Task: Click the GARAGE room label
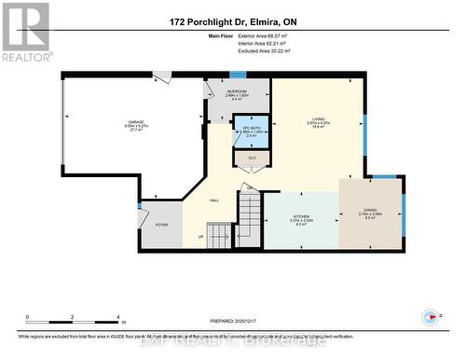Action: (x=135, y=122)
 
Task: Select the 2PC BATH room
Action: (x=249, y=132)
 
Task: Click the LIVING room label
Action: (x=317, y=119)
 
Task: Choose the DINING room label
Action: (x=371, y=211)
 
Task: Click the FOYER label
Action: (x=161, y=225)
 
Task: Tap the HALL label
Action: (x=214, y=200)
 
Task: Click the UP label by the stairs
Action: (x=199, y=236)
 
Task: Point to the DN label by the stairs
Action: (x=250, y=188)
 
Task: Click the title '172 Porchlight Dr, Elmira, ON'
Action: (x=232, y=22)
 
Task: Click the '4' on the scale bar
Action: (x=119, y=318)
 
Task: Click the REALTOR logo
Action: (x=26, y=32)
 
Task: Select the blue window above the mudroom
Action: (x=239, y=75)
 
